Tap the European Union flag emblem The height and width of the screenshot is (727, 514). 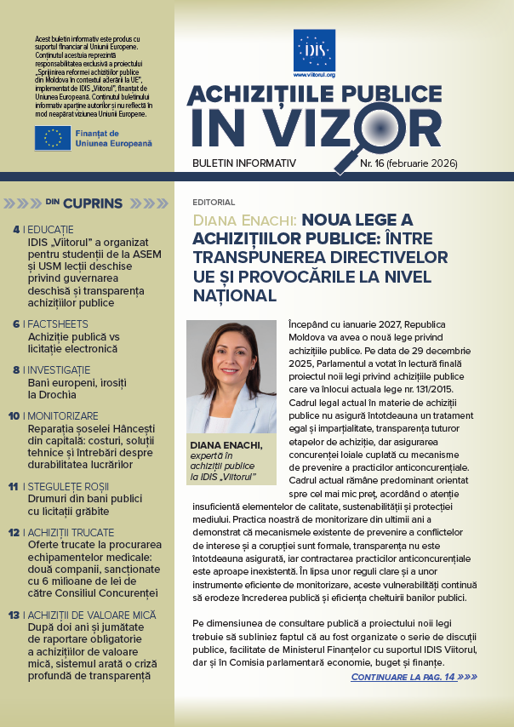(x=53, y=138)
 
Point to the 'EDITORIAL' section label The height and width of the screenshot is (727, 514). (x=214, y=203)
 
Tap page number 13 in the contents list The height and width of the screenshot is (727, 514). (x=14, y=615)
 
